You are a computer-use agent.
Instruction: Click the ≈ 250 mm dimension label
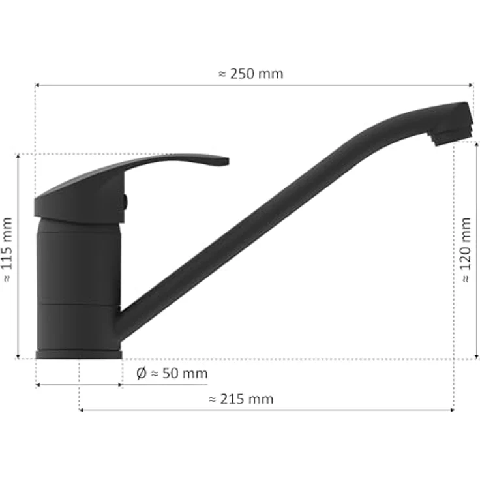pyautogui.click(x=250, y=74)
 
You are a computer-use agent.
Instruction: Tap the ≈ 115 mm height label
pyautogui.click(x=7, y=250)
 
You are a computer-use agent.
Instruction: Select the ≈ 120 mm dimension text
pyautogui.click(x=465, y=250)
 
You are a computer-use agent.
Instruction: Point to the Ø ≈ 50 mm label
pyautogui.click(x=172, y=373)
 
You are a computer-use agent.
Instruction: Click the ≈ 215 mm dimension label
pyautogui.click(x=241, y=399)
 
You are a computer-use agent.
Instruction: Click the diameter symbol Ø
pyautogui.click(x=141, y=374)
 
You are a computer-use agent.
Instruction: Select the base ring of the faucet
pyautogui.click(x=79, y=355)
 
